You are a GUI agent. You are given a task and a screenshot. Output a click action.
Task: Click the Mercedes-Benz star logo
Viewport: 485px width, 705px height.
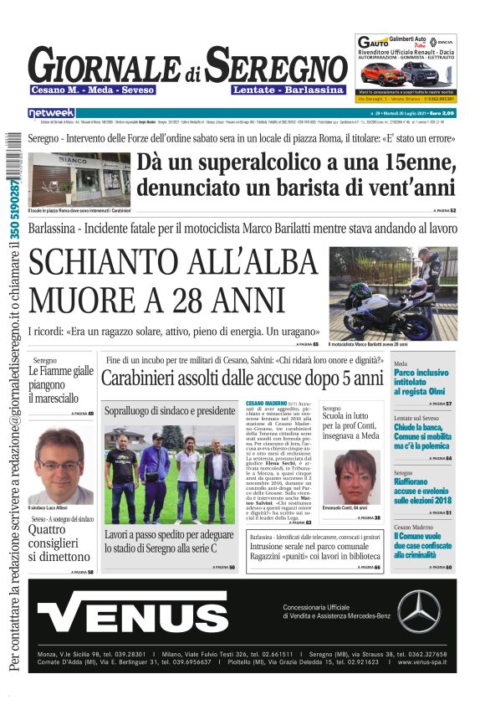tap(418, 611)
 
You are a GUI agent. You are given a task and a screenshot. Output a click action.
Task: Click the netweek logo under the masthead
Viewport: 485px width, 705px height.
tap(51, 112)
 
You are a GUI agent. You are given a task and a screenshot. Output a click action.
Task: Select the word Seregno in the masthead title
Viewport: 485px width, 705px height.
tap(277, 66)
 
